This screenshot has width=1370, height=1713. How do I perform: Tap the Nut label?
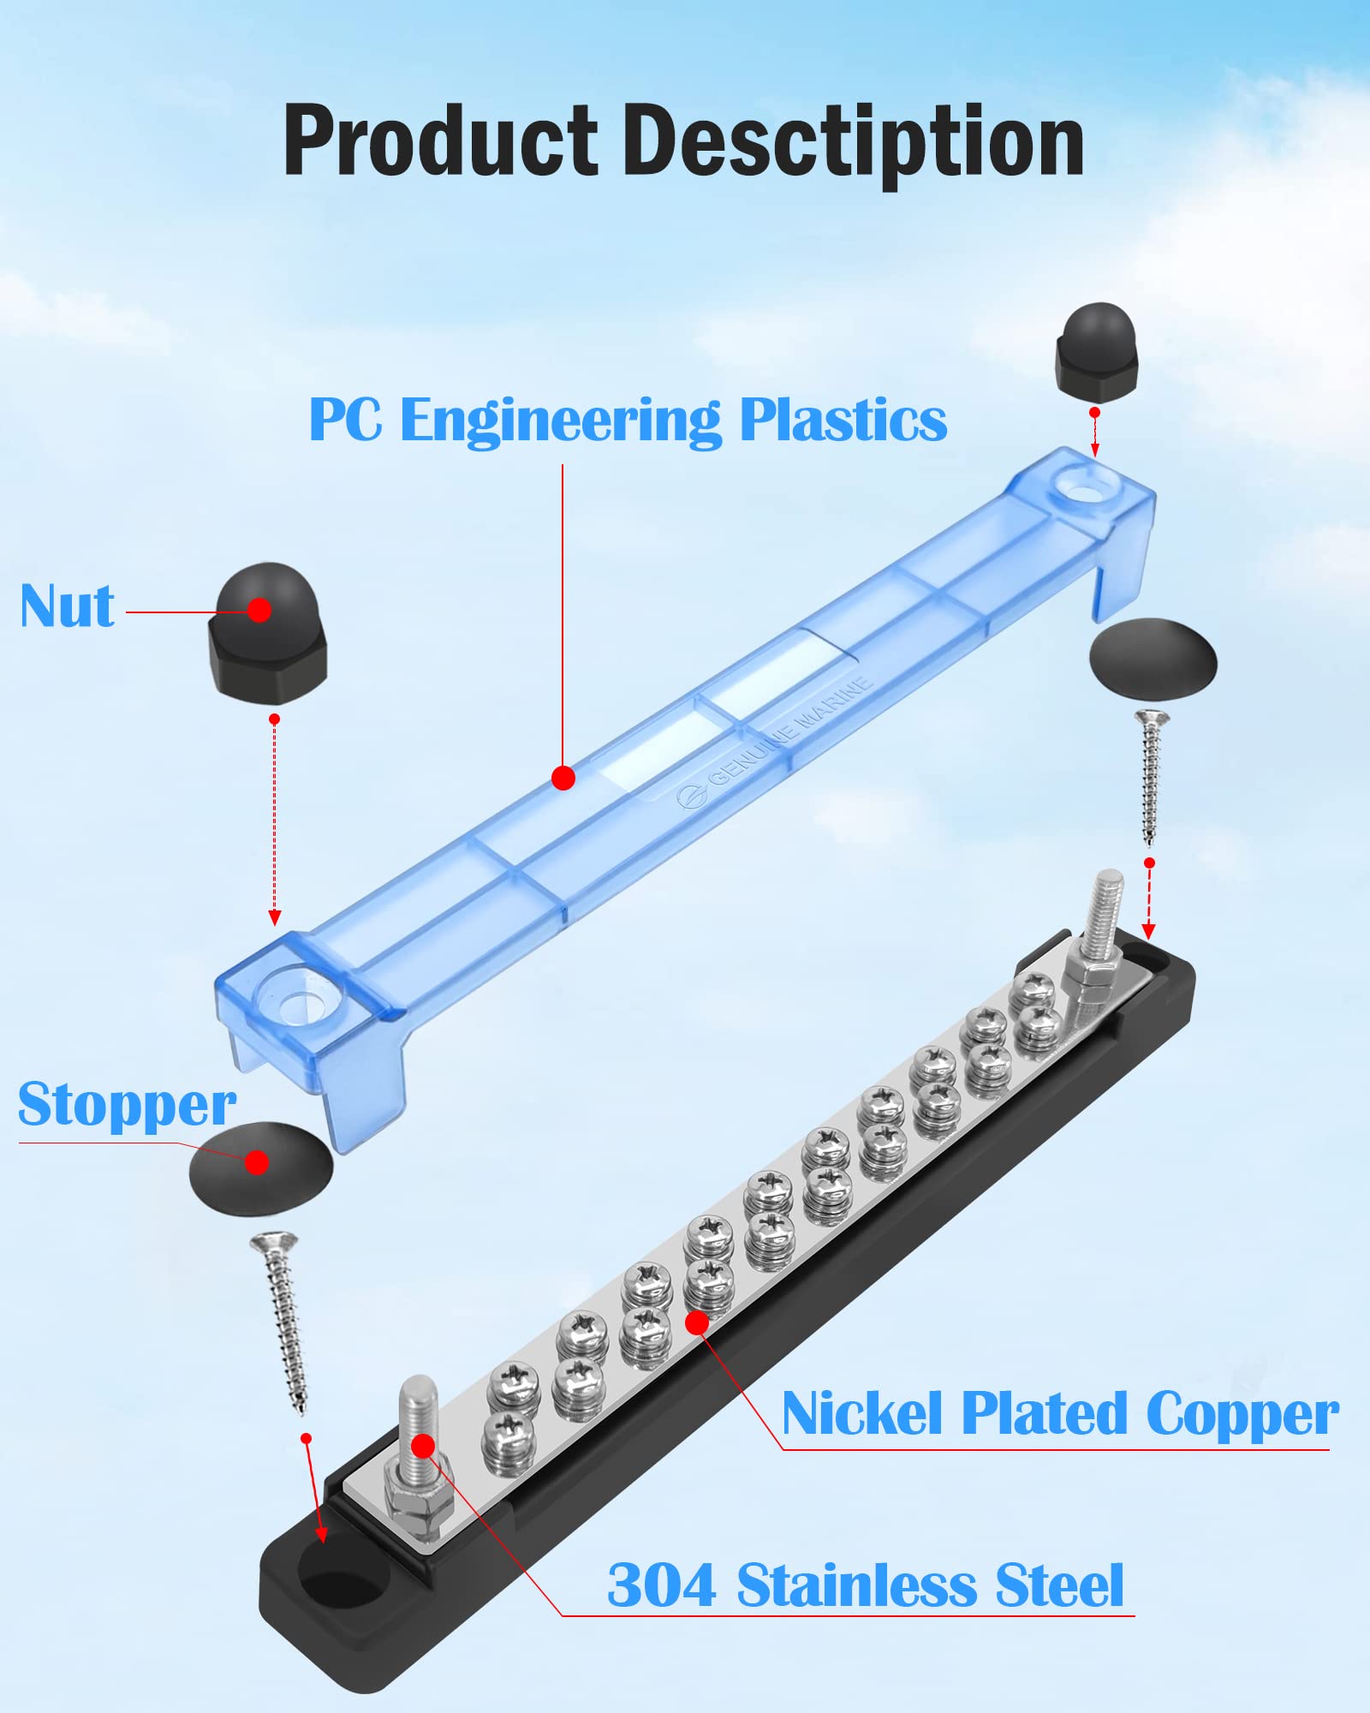(67, 606)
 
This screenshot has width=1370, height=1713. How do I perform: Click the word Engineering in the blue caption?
(561, 421)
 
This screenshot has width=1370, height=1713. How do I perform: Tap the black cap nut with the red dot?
(267, 634)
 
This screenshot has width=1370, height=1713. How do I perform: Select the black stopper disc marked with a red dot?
(259, 1167)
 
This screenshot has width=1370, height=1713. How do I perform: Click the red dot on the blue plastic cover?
(563, 778)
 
